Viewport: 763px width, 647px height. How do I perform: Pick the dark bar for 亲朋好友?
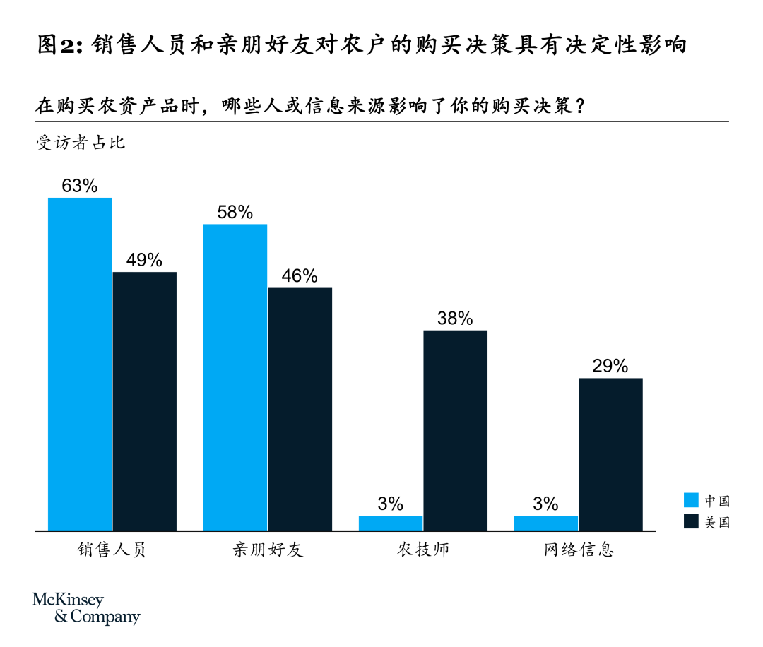[x=300, y=409]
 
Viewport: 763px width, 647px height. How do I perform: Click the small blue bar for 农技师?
[x=391, y=523]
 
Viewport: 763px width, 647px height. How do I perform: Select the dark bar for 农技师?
[x=455, y=430]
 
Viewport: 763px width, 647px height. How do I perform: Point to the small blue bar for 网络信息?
[x=546, y=523]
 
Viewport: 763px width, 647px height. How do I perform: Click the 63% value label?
[x=79, y=186]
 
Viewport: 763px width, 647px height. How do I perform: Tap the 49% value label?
[x=144, y=260]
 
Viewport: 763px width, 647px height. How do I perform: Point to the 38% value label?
[x=455, y=319]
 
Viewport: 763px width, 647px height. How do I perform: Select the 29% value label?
[x=610, y=366]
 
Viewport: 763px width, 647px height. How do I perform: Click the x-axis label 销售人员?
[x=112, y=550]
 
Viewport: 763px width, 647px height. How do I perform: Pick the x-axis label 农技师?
[x=423, y=550]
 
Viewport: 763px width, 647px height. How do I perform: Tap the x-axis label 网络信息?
[x=579, y=550]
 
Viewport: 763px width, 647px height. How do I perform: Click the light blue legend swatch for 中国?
[x=692, y=501]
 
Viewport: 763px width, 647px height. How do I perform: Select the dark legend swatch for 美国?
[x=692, y=522]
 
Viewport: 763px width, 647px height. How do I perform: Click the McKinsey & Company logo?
[x=86, y=608]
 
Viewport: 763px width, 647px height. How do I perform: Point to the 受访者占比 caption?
[x=81, y=142]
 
